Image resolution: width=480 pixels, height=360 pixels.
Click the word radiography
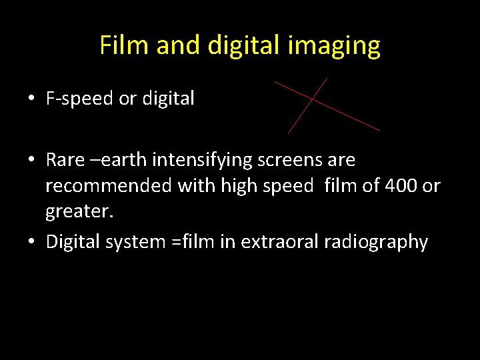(x=376, y=241)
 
